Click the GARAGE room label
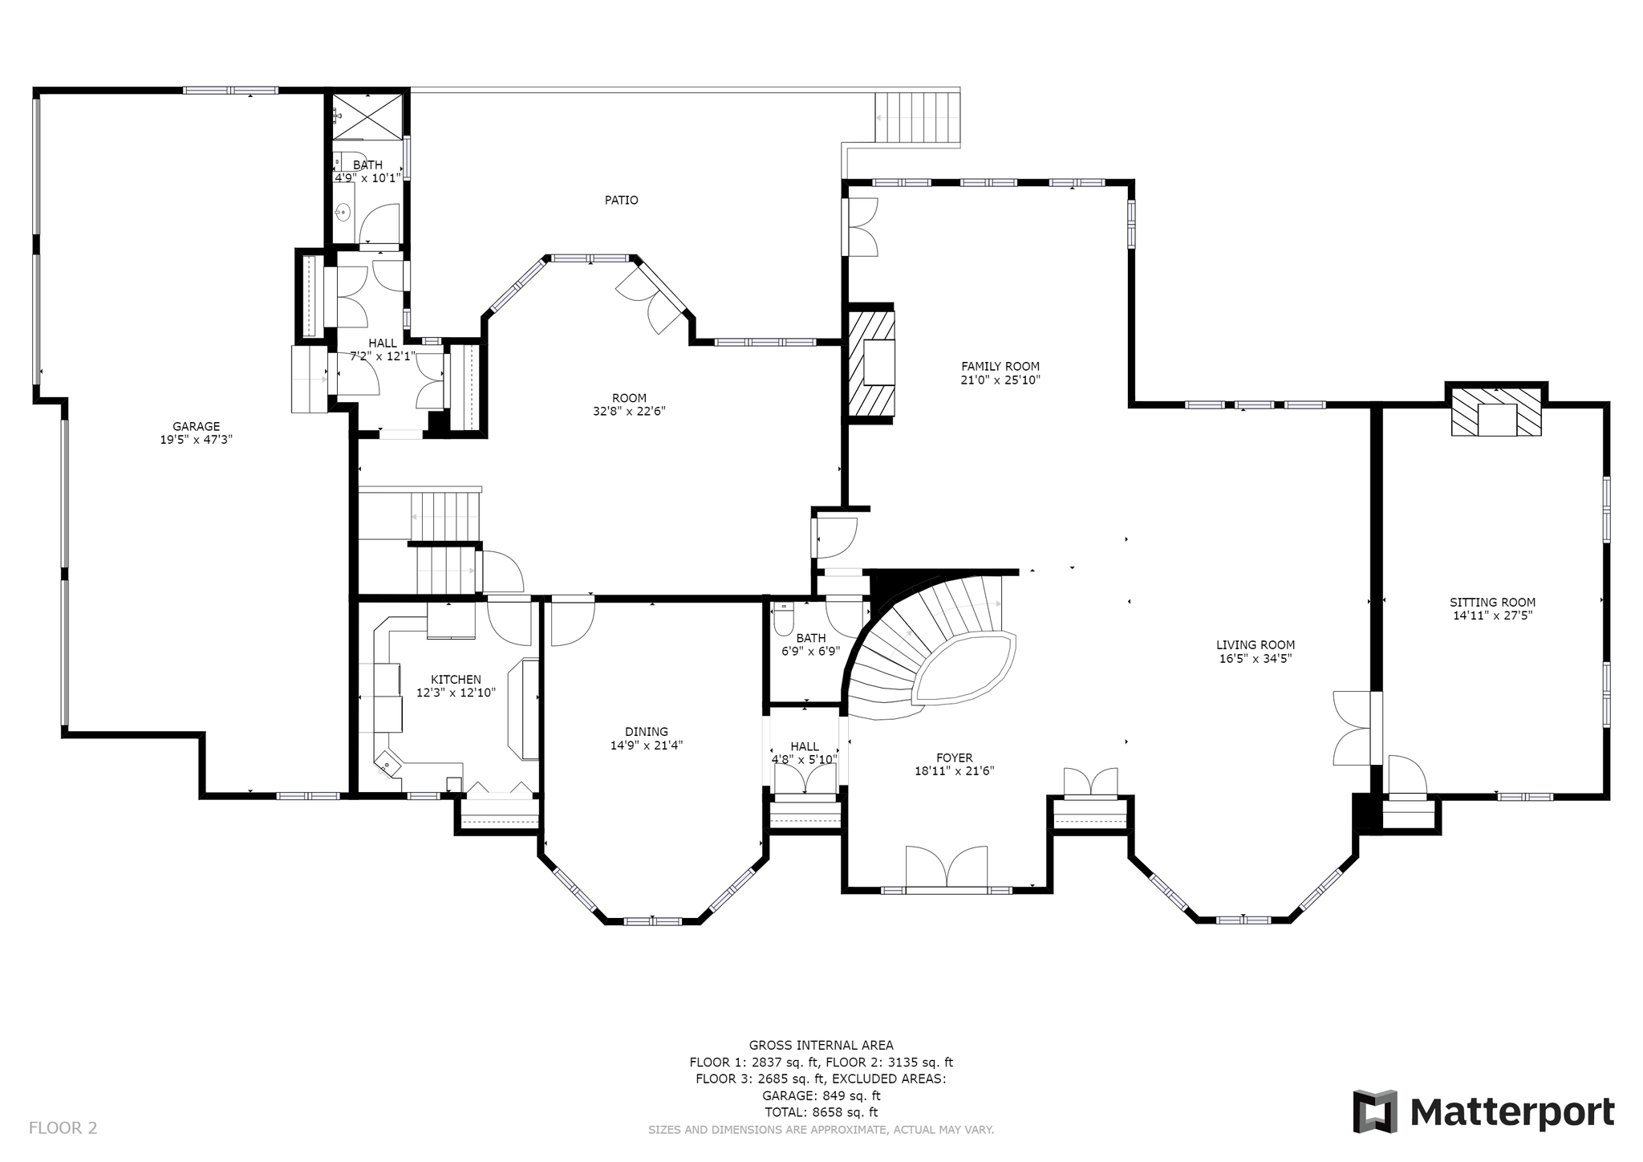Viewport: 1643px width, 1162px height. [x=196, y=427]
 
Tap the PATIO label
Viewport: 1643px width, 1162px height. [x=622, y=200]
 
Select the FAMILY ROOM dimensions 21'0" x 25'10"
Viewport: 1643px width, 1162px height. [x=1000, y=380]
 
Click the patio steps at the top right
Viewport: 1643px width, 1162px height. [x=917, y=118]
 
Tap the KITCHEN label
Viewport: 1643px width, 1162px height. [x=456, y=680]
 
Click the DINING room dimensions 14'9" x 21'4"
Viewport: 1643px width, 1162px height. [x=647, y=746]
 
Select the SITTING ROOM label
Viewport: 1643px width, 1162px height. [x=1493, y=603]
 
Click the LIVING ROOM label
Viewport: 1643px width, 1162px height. [x=1256, y=645]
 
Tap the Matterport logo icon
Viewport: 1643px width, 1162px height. [x=1375, y=1111]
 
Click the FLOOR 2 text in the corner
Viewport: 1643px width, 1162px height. [x=63, y=1128]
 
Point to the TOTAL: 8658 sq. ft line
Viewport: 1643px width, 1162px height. [x=821, y=1112]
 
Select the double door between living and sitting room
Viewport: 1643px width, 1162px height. [x=1353, y=728]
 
